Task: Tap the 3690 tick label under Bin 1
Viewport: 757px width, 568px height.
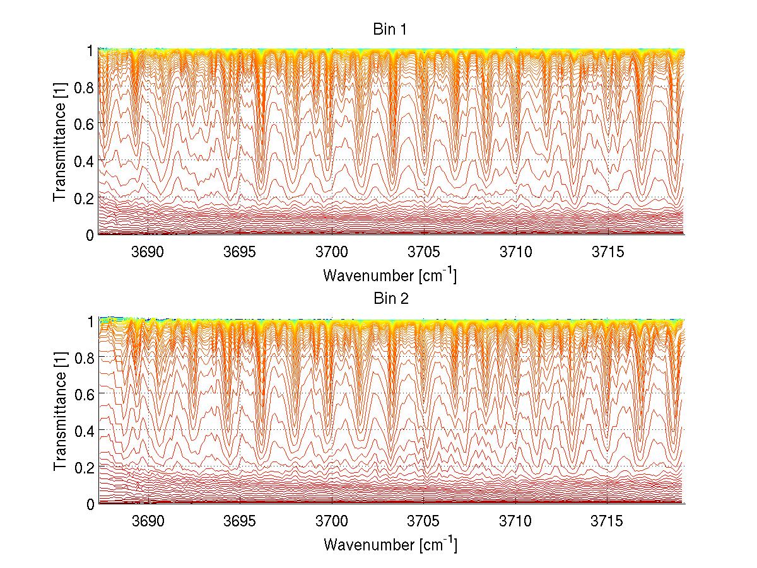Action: pos(148,252)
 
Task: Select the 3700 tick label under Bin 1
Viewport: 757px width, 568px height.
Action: pos(332,252)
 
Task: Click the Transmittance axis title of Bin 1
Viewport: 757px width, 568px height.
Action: pos(60,142)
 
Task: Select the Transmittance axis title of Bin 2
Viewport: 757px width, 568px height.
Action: pos(60,411)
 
